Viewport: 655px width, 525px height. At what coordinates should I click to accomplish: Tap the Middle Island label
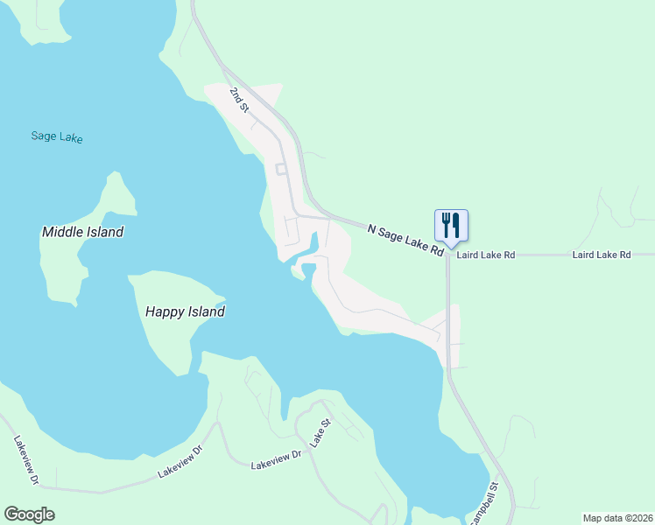click(x=82, y=232)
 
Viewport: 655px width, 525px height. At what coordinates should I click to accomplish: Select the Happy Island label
click(x=185, y=311)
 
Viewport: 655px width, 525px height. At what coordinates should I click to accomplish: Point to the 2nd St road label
click(x=240, y=99)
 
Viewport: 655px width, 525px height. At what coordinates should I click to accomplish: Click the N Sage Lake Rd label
click(x=405, y=240)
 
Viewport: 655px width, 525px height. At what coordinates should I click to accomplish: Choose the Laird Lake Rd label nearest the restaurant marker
click(x=484, y=255)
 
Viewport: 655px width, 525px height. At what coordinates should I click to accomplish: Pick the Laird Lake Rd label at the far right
click(x=601, y=255)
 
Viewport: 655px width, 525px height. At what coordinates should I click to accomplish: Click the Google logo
click(x=29, y=514)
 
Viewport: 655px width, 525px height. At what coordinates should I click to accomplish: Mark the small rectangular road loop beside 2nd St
click(x=281, y=169)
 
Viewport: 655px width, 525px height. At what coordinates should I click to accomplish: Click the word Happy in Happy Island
click(x=164, y=311)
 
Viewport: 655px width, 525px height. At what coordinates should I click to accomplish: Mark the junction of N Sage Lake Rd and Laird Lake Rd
click(x=447, y=255)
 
